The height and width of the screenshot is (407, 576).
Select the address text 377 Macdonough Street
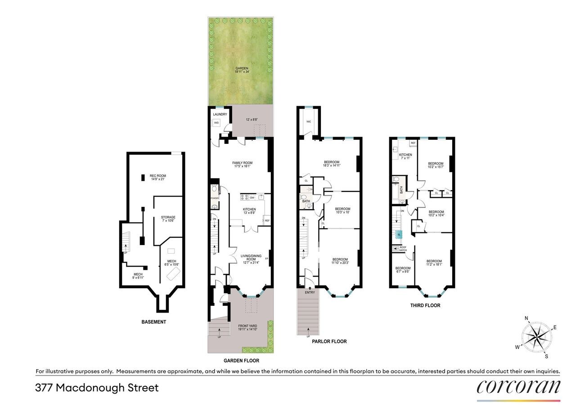[x=97, y=388]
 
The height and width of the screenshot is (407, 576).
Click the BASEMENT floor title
[x=153, y=322]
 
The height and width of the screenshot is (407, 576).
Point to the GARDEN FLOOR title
[x=241, y=361]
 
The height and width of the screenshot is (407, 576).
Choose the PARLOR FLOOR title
[x=329, y=341]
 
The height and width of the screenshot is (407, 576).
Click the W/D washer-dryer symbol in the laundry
[x=216, y=123]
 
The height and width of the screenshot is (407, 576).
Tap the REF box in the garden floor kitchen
[x=267, y=220]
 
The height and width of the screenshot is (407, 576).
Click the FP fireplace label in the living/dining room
[x=267, y=259]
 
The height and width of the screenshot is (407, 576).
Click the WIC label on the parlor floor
[x=309, y=122]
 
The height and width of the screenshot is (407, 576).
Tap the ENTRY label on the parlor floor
[x=310, y=292]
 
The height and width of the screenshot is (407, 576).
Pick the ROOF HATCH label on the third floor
[x=402, y=249]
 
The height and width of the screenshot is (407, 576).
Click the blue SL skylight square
[x=399, y=234]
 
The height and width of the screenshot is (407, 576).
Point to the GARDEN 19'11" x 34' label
[x=241, y=70]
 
